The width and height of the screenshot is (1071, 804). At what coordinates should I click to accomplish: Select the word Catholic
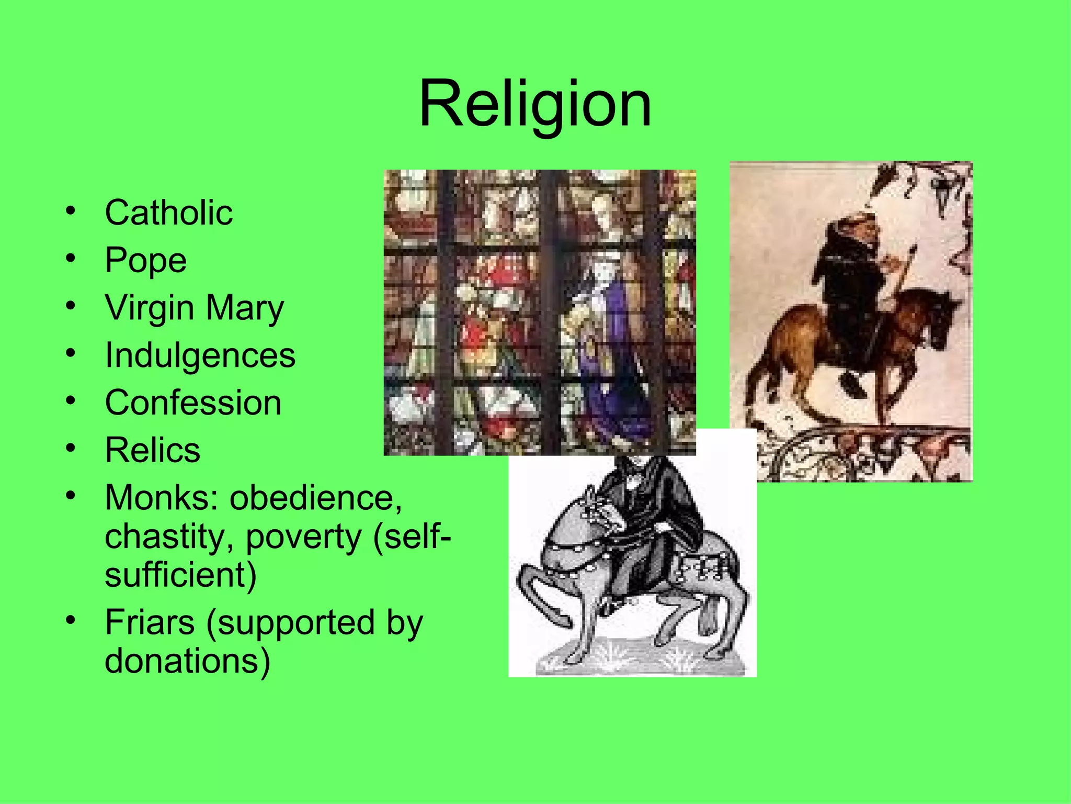pyautogui.click(x=168, y=213)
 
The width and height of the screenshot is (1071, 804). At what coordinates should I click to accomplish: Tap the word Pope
pyautogui.click(x=145, y=260)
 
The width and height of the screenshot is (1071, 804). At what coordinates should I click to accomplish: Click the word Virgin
pyautogui.click(x=150, y=308)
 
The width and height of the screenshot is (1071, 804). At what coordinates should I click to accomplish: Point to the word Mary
pyautogui.click(x=245, y=308)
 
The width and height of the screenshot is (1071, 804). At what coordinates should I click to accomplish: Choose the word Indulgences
pyautogui.click(x=200, y=355)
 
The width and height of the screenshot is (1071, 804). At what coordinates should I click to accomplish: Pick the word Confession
pyautogui.click(x=193, y=403)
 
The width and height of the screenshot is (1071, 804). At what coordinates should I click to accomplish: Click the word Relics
pyautogui.click(x=152, y=450)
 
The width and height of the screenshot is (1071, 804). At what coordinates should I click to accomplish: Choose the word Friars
pyautogui.click(x=150, y=622)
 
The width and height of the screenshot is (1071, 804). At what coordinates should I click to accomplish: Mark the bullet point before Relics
pyautogui.click(x=71, y=448)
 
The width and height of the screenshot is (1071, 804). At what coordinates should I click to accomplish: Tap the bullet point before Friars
pyautogui.click(x=71, y=620)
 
